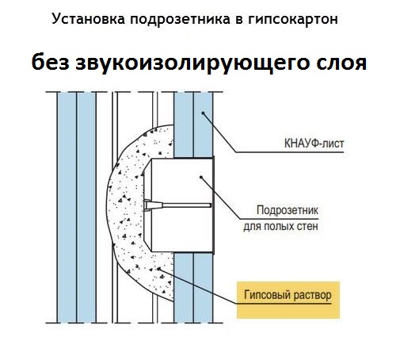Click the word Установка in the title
pyautogui.click(x=88, y=19)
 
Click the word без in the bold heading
pyautogui.click(x=50, y=63)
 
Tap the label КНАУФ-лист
pyautogui.click(x=314, y=144)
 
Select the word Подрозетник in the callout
pyautogui.click(x=287, y=210)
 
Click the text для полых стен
pyautogui.click(x=280, y=227)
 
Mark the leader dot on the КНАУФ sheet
pyautogui.click(x=203, y=113)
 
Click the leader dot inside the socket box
pyautogui.click(x=201, y=177)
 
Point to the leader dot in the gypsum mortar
pyautogui.click(x=158, y=269)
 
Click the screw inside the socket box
pyautogui.click(x=177, y=205)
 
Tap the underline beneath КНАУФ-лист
pyautogui.click(x=290, y=152)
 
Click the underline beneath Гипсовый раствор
pyautogui.click(x=284, y=304)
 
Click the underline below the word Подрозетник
pyautogui.click(x=280, y=219)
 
